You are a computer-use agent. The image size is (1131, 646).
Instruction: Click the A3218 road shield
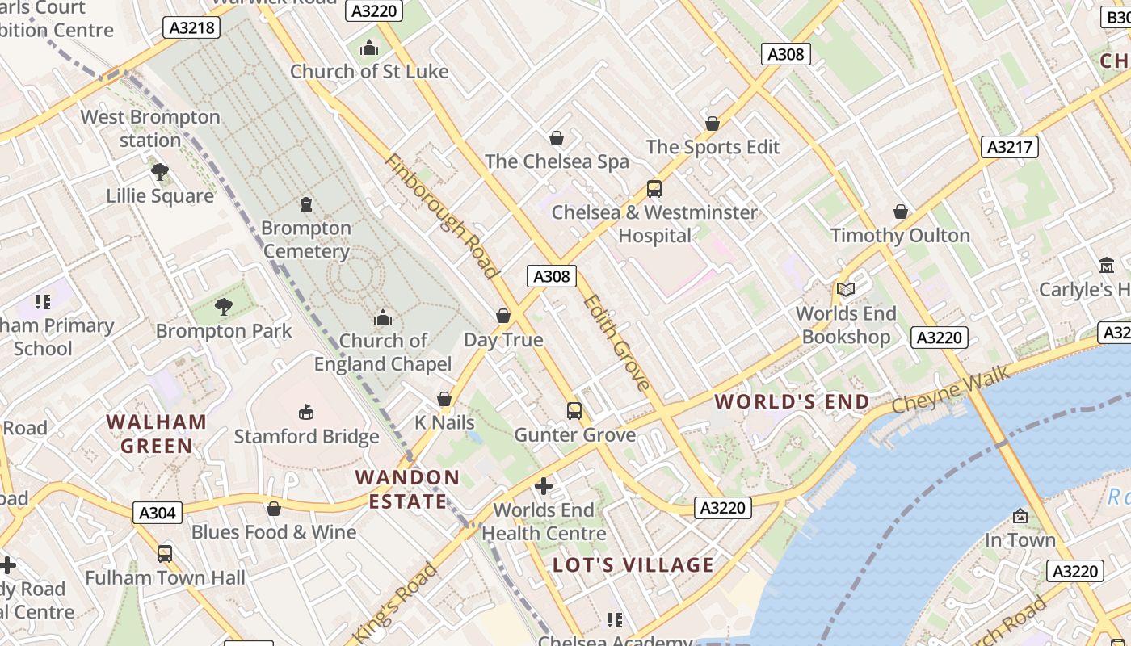(x=193, y=27)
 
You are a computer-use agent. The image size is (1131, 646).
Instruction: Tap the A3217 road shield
(x=1011, y=146)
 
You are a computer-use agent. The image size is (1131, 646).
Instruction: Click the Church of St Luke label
(x=369, y=71)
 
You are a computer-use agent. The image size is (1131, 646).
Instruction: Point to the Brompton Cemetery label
(x=306, y=240)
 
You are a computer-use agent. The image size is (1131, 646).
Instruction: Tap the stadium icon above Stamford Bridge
(x=306, y=413)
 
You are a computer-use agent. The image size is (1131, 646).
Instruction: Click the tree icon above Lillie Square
(x=160, y=171)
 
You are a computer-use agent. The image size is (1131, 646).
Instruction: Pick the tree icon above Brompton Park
(x=224, y=307)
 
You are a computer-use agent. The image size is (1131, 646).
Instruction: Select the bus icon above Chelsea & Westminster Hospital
(x=654, y=189)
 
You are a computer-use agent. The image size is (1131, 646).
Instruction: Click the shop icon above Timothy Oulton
(x=901, y=212)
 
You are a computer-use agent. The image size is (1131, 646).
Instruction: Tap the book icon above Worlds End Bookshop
(x=846, y=289)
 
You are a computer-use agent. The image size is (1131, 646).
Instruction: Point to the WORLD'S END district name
(x=792, y=401)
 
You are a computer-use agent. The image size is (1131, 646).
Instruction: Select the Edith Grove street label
(x=616, y=342)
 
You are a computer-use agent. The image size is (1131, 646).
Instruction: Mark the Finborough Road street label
(x=442, y=216)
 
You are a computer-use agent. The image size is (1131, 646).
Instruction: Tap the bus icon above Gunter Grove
(x=574, y=411)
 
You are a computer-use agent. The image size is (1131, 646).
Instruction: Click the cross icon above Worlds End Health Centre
(x=544, y=486)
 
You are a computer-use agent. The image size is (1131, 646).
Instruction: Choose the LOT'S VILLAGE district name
(x=633, y=564)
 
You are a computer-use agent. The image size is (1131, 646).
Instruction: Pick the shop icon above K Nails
(x=444, y=399)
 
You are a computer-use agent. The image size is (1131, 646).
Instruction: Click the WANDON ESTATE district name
(x=408, y=489)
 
